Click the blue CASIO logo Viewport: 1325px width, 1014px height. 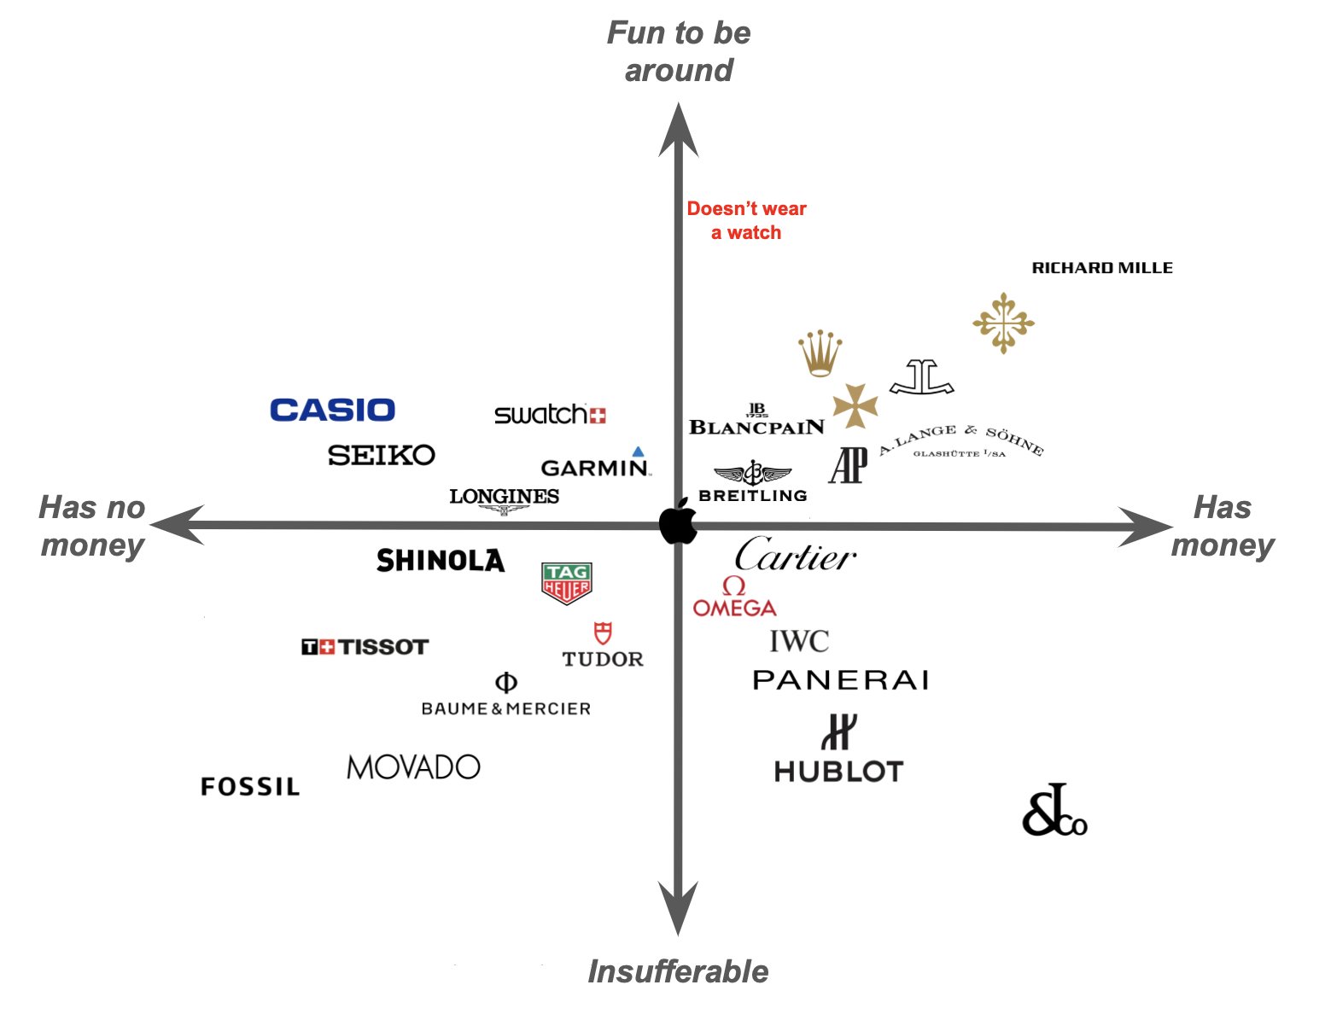click(x=332, y=411)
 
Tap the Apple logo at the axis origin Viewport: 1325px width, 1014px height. click(x=679, y=522)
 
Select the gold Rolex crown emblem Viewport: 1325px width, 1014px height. click(x=820, y=353)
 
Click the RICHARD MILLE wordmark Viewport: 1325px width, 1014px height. click(x=1102, y=268)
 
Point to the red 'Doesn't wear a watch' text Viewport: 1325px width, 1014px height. click(x=746, y=220)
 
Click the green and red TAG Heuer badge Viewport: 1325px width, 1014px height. click(x=567, y=583)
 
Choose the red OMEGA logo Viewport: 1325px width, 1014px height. click(x=734, y=597)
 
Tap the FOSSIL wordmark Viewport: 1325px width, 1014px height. click(x=250, y=786)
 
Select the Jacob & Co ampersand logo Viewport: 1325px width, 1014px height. click(x=1054, y=811)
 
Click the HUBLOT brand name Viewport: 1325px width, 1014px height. click(x=838, y=772)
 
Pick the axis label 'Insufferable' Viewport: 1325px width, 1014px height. click(x=678, y=971)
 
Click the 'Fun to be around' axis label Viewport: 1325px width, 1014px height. click(x=679, y=51)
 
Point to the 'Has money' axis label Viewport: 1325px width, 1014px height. click(x=1223, y=526)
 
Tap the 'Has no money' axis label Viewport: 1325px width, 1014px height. click(x=92, y=526)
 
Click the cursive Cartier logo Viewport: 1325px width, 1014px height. click(x=795, y=555)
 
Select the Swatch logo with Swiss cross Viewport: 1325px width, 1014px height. click(x=550, y=415)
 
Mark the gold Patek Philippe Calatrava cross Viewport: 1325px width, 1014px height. click(x=1003, y=323)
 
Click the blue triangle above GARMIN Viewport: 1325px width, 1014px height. click(x=638, y=452)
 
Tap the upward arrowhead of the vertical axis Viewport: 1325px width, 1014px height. click(x=679, y=128)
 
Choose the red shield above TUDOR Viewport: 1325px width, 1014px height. click(x=603, y=633)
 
